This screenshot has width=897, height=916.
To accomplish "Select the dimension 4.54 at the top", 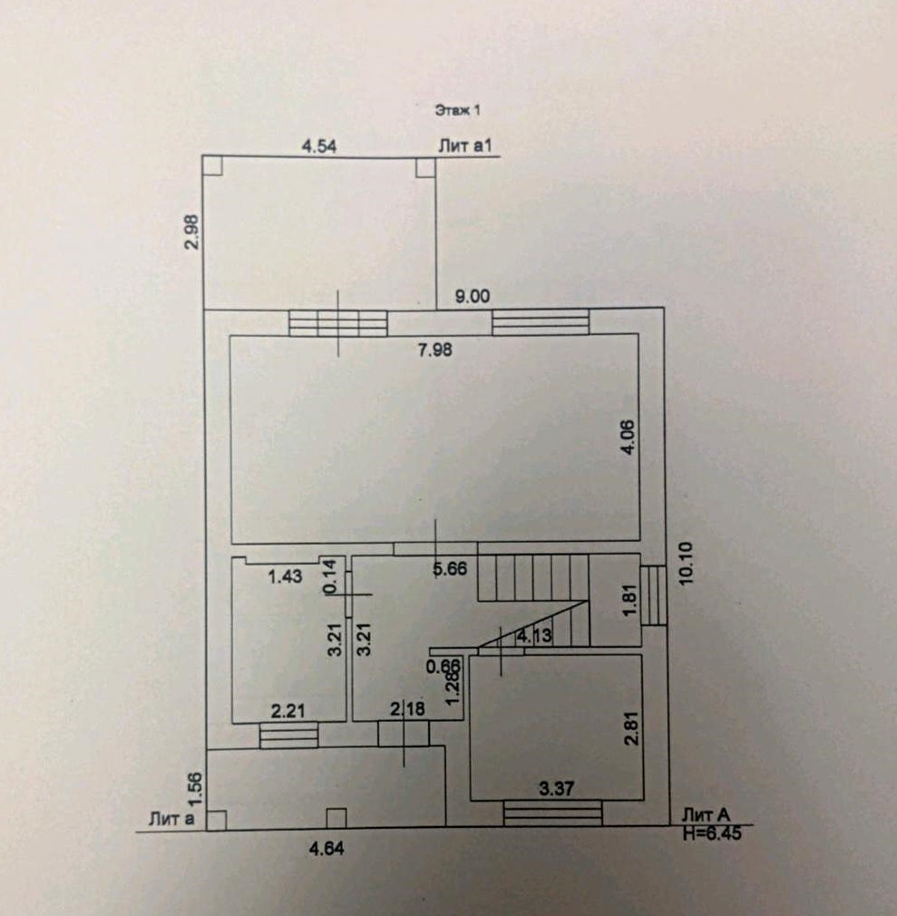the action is pos(318,146).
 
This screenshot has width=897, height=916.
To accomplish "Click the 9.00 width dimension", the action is pos(472,295).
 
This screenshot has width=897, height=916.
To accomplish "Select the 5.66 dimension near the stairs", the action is pos(451,569).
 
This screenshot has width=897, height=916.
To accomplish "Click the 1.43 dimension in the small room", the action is pos(285,575).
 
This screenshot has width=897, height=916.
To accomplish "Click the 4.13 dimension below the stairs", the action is pos(533,635).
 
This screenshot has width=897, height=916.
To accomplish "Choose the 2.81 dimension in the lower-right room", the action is pos(633,726).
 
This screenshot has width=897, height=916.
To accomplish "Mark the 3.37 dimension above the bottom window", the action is pos(555,789).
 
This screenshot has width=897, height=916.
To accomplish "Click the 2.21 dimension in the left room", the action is pos(288,711).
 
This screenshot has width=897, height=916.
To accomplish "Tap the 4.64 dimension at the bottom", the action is pos(327,849).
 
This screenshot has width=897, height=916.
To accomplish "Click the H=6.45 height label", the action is pos(712,833).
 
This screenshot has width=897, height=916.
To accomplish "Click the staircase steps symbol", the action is pos(533,577).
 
